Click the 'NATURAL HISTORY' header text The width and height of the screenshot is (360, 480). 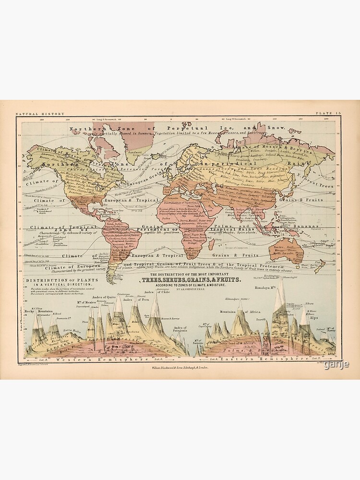33,114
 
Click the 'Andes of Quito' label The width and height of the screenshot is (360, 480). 103,298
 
